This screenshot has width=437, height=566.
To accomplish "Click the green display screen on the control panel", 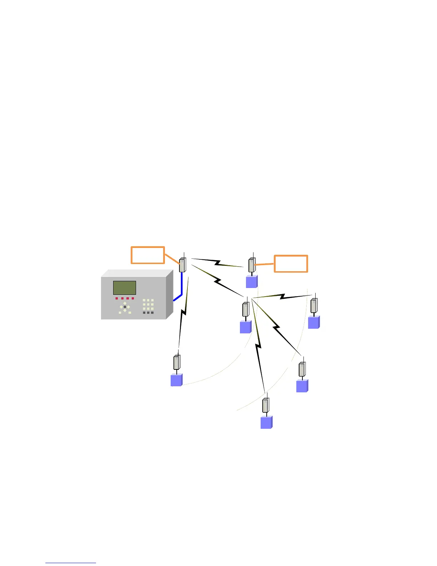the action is [125, 288].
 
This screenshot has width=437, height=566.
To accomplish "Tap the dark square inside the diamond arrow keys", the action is [125, 307].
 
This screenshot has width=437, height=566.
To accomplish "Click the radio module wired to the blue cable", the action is [183, 265].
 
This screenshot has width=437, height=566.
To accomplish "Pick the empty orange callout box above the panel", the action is [148, 255].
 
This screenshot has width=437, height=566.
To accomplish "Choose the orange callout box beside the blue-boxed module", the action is [291, 264].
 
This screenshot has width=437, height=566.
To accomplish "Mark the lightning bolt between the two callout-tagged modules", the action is [217, 263].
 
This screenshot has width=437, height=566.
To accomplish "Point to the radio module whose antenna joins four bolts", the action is [246, 309].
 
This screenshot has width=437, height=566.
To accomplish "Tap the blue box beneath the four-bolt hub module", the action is [246, 327].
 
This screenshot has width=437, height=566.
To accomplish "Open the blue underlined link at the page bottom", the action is [71, 562].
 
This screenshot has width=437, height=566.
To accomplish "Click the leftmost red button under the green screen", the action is [117, 298].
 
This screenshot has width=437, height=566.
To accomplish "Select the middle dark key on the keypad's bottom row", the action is [148, 313].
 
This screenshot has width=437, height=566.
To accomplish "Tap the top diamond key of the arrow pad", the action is [125, 303].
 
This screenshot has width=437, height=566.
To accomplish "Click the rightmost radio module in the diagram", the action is [314, 306].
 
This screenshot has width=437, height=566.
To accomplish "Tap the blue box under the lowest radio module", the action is [266, 422].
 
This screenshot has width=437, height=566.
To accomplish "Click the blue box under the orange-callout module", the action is [252, 282].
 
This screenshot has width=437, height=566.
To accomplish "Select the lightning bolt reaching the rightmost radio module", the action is [282, 296].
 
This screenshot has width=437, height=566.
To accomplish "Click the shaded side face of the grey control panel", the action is [170, 294].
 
